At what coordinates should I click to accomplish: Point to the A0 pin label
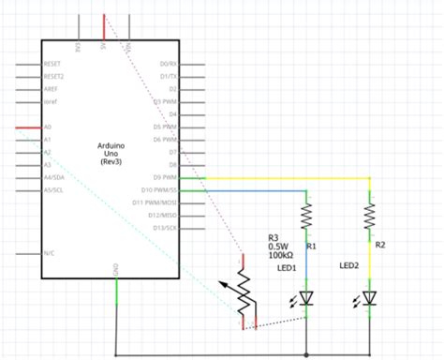48,126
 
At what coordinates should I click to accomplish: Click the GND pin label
116,270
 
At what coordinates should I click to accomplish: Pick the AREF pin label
52,87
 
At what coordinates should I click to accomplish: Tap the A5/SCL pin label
53,189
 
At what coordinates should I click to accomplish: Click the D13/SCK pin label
165,227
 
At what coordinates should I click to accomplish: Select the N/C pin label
50,252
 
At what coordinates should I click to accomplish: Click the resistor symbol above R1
306,217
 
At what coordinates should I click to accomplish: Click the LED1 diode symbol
306,297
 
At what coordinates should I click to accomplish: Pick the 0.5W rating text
277,247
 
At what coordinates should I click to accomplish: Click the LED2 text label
349,265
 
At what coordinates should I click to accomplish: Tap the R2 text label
379,244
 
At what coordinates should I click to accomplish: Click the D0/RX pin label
169,63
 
